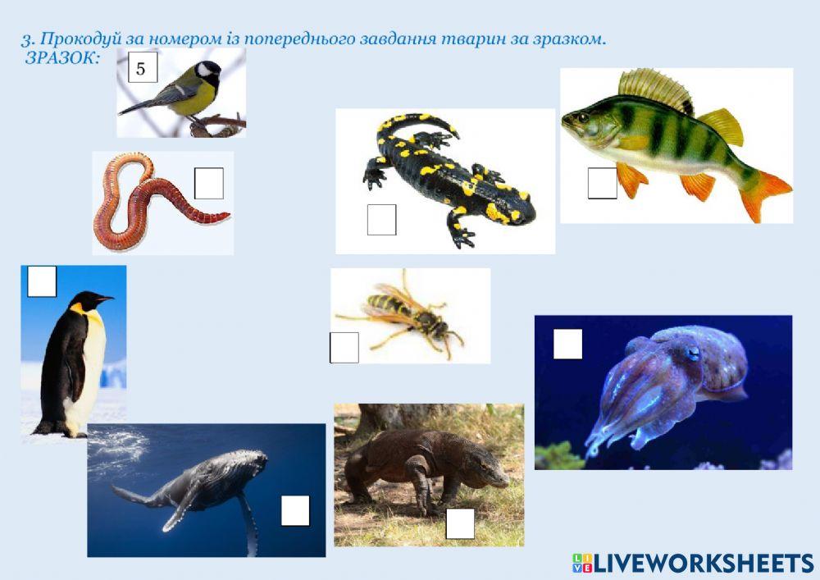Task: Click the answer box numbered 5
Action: [x=143, y=67]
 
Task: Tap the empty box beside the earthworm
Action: [x=209, y=183]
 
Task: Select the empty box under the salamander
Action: [x=382, y=220]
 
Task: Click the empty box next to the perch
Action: [x=603, y=183]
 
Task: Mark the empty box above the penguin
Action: [x=42, y=281]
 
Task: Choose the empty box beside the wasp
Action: [x=344, y=348]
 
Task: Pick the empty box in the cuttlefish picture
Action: [x=568, y=344]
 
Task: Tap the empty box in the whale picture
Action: [x=295, y=510]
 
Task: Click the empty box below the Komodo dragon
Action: [x=460, y=523]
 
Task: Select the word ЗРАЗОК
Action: [x=62, y=58]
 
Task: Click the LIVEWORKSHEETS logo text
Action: [x=704, y=564]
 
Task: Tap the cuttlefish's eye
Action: [x=693, y=354]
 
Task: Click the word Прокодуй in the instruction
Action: [x=81, y=39]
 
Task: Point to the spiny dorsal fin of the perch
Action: [x=655, y=89]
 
